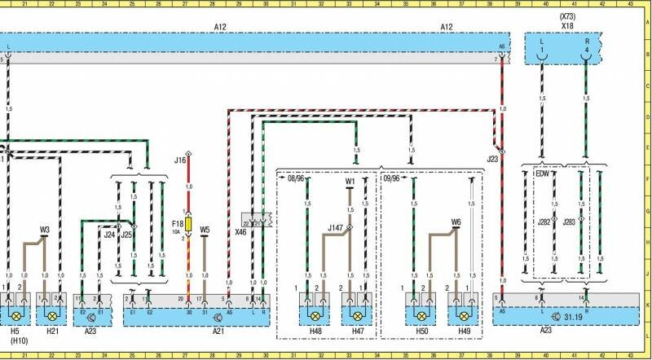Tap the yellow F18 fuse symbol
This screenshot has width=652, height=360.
pyautogui.click(x=189, y=222)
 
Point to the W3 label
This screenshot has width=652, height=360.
pyautogui.click(x=45, y=230)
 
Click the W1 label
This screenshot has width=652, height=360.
pyautogui.click(x=350, y=182)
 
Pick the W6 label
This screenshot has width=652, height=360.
pyautogui.click(x=456, y=221)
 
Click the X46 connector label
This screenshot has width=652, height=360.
pyautogui.click(x=241, y=232)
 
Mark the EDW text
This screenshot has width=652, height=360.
pyautogui.click(x=542, y=173)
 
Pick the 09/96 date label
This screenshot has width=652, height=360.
pyautogui.click(x=392, y=177)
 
